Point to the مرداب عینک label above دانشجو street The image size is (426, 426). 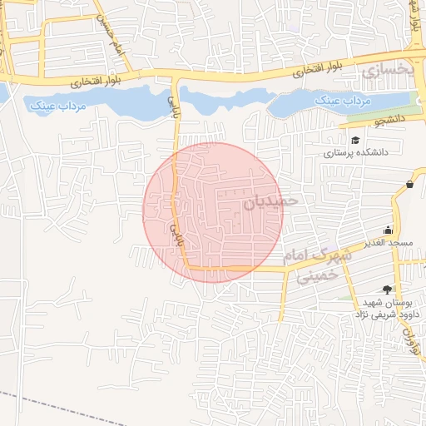tap(341, 101)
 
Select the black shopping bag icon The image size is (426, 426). tap(410, 184)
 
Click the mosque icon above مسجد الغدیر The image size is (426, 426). tap(387, 230)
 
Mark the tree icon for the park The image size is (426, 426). tap(387, 289)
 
